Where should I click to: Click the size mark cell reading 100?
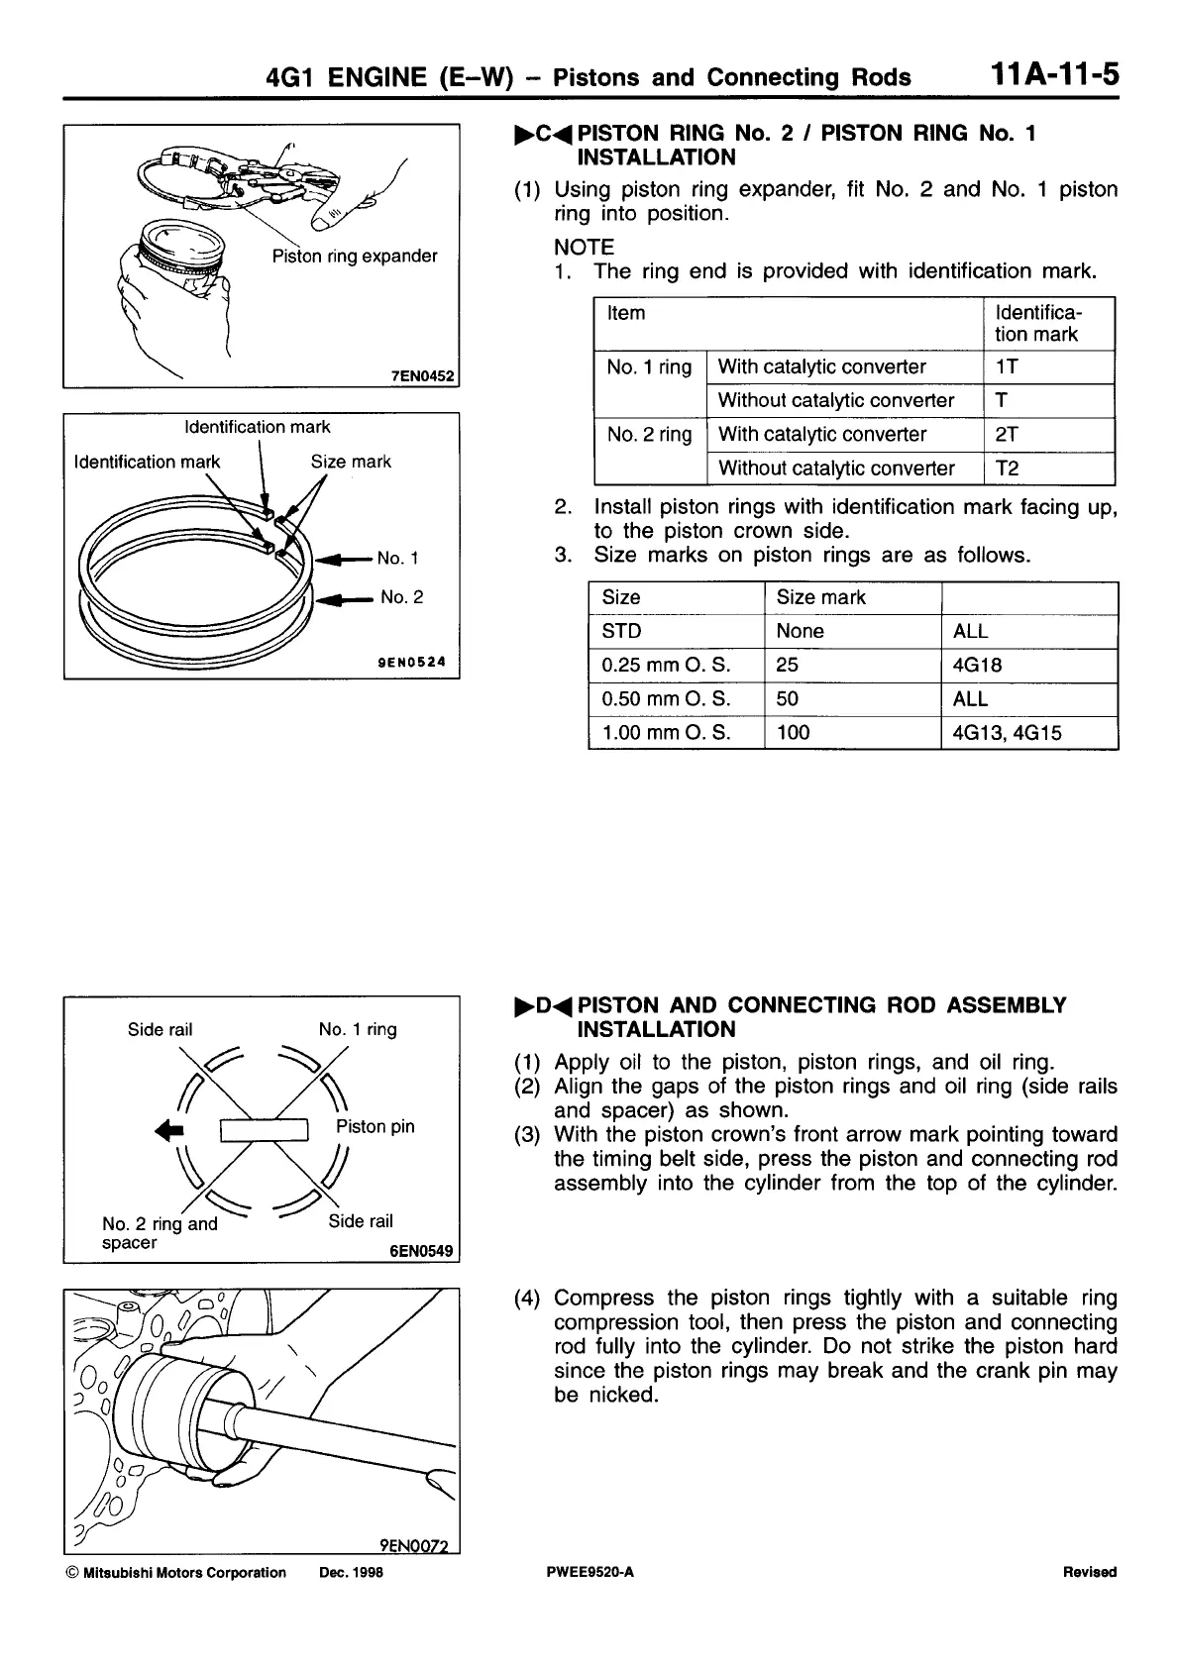coord(793,733)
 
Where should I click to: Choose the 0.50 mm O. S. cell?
coord(666,699)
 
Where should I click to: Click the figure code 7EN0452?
coord(423,376)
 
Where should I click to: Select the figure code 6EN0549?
coord(422,1251)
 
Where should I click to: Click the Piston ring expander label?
coord(355,257)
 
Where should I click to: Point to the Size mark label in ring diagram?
coord(351,462)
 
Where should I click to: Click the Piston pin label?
coord(375,1126)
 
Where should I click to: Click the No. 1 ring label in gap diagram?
coord(358,1029)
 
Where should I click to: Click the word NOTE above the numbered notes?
coord(584,247)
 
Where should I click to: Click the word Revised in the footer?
coord(1089,1573)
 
